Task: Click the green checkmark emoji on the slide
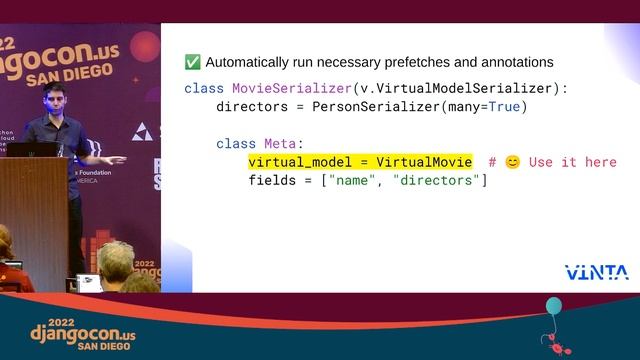pos(192,62)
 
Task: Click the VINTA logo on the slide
pos(596,272)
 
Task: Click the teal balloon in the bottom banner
pos(553,306)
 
